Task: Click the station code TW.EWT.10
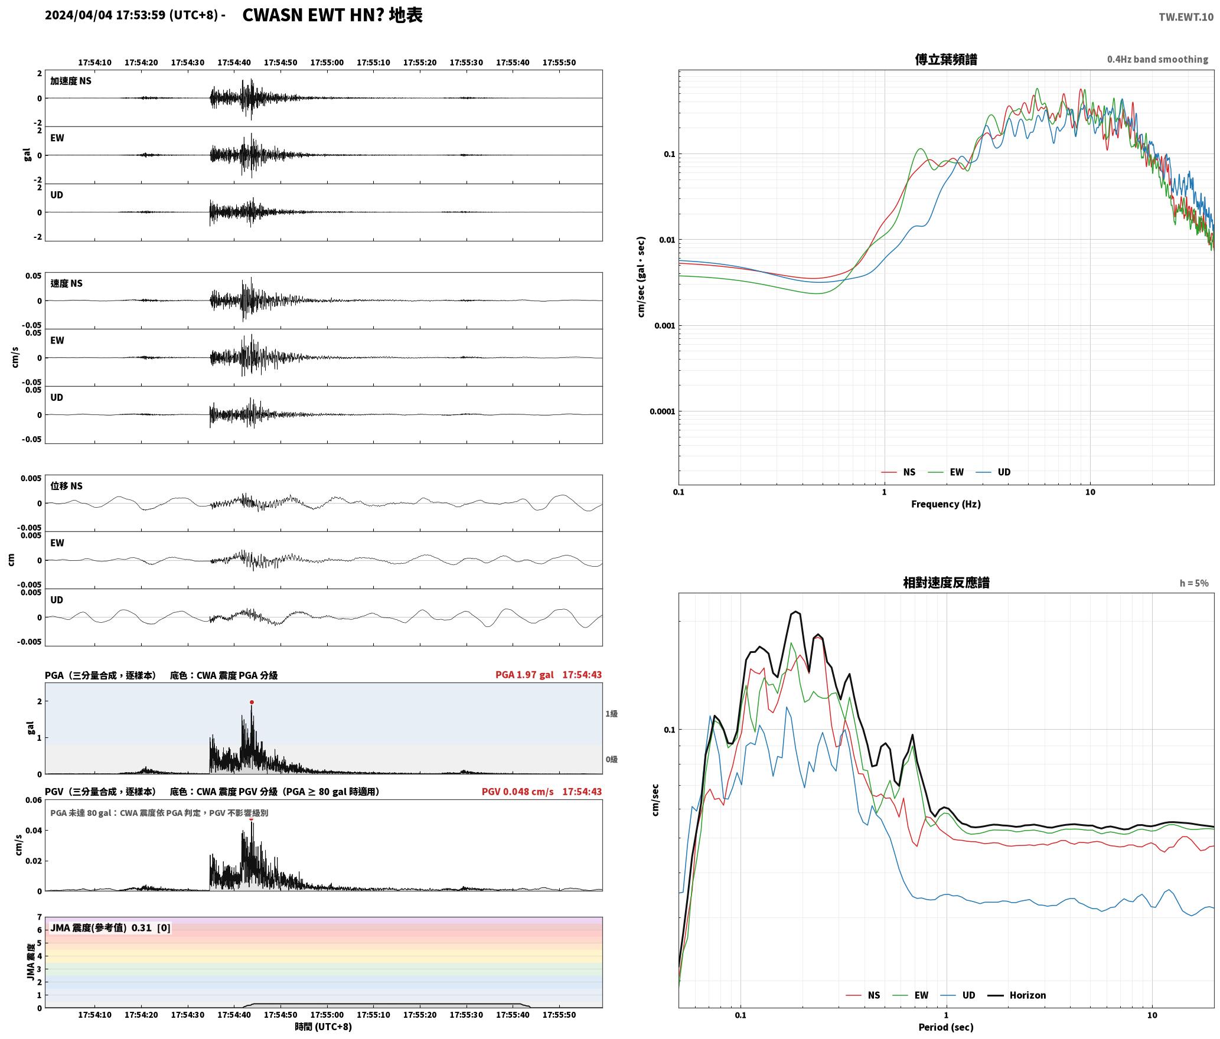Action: coord(1186,17)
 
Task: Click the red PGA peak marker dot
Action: coord(252,702)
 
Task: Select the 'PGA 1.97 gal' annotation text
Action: coord(524,674)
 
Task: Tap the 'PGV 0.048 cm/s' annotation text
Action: coord(517,791)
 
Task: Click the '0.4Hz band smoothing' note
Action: coord(1157,59)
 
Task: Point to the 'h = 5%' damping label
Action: coord(1194,583)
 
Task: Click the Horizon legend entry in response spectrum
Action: coord(1017,995)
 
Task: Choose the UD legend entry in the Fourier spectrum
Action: coord(993,472)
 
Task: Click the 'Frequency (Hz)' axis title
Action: coord(945,504)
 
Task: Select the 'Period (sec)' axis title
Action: coord(945,1027)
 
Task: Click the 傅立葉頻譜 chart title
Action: coord(945,59)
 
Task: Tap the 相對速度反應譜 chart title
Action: coord(946,583)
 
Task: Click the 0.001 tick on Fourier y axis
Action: coord(664,326)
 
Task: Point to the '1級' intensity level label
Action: coord(611,714)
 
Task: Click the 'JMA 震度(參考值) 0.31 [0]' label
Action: coord(110,927)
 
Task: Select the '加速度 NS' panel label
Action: coord(71,81)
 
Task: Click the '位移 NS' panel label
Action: coord(66,486)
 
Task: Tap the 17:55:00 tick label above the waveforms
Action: coord(327,62)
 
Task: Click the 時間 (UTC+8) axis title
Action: coord(324,1026)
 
